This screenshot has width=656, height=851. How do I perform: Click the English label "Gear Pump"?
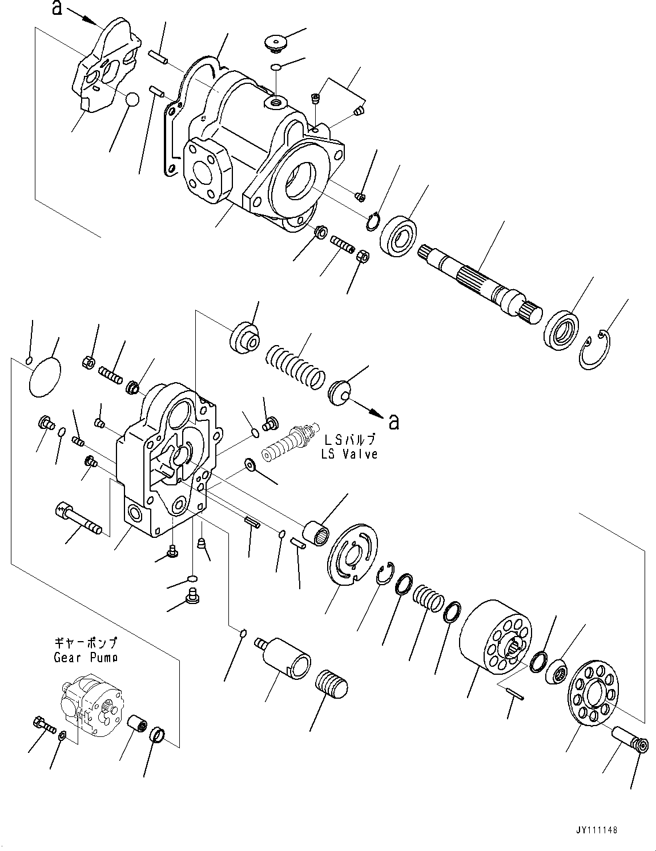click(86, 657)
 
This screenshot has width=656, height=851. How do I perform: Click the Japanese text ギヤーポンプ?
click(86, 643)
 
